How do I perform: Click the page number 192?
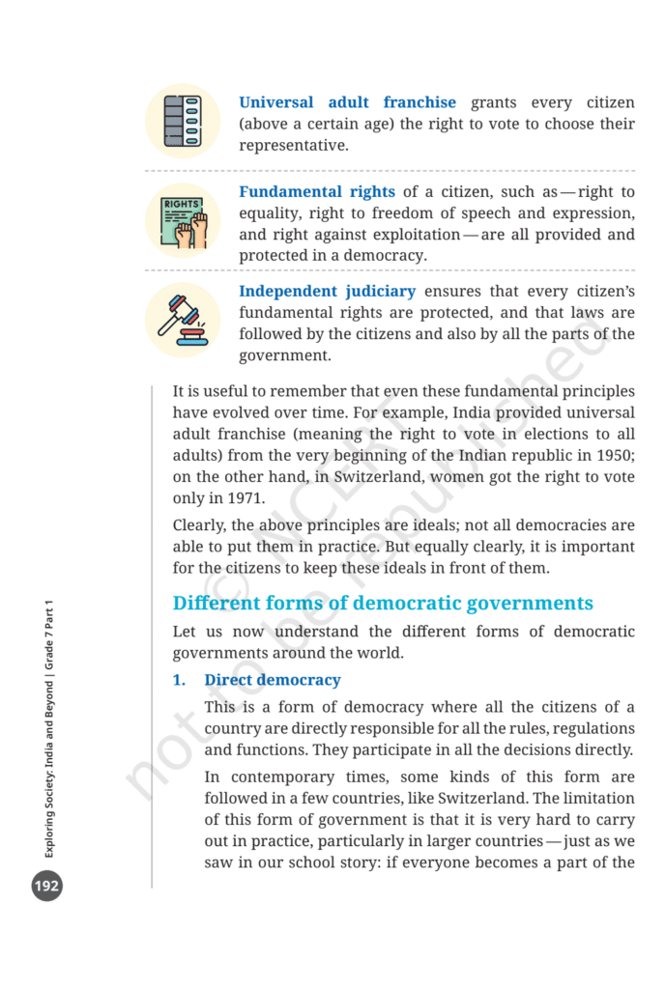46,885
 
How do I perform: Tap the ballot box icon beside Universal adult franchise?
183,122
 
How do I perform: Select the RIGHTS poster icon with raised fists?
183,221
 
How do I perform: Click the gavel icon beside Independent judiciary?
183,320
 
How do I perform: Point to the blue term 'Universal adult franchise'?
347,102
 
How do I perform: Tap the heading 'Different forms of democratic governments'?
383,604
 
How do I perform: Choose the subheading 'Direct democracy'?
273,680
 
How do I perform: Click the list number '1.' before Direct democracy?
179,680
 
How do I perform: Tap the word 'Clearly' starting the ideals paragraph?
200,526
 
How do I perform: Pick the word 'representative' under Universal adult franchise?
293,146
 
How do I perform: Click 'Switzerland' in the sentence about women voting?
375,478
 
